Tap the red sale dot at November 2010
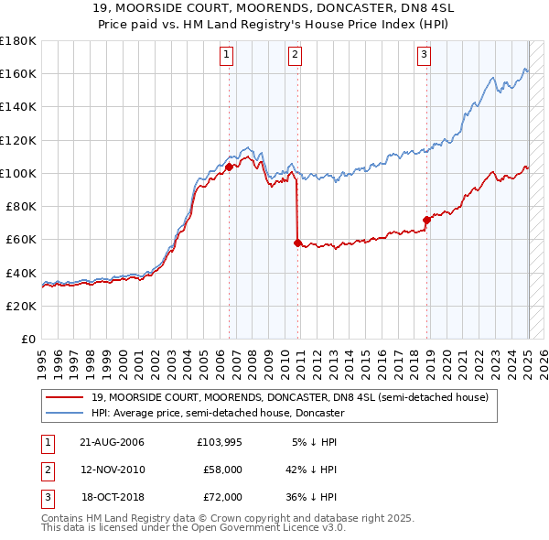(x=297, y=243)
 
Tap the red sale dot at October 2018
(x=426, y=220)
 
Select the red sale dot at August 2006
(x=229, y=167)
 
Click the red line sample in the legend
(x=65, y=397)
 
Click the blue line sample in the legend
(x=65, y=413)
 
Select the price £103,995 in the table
(x=220, y=442)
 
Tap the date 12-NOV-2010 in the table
(x=113, y=469)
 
